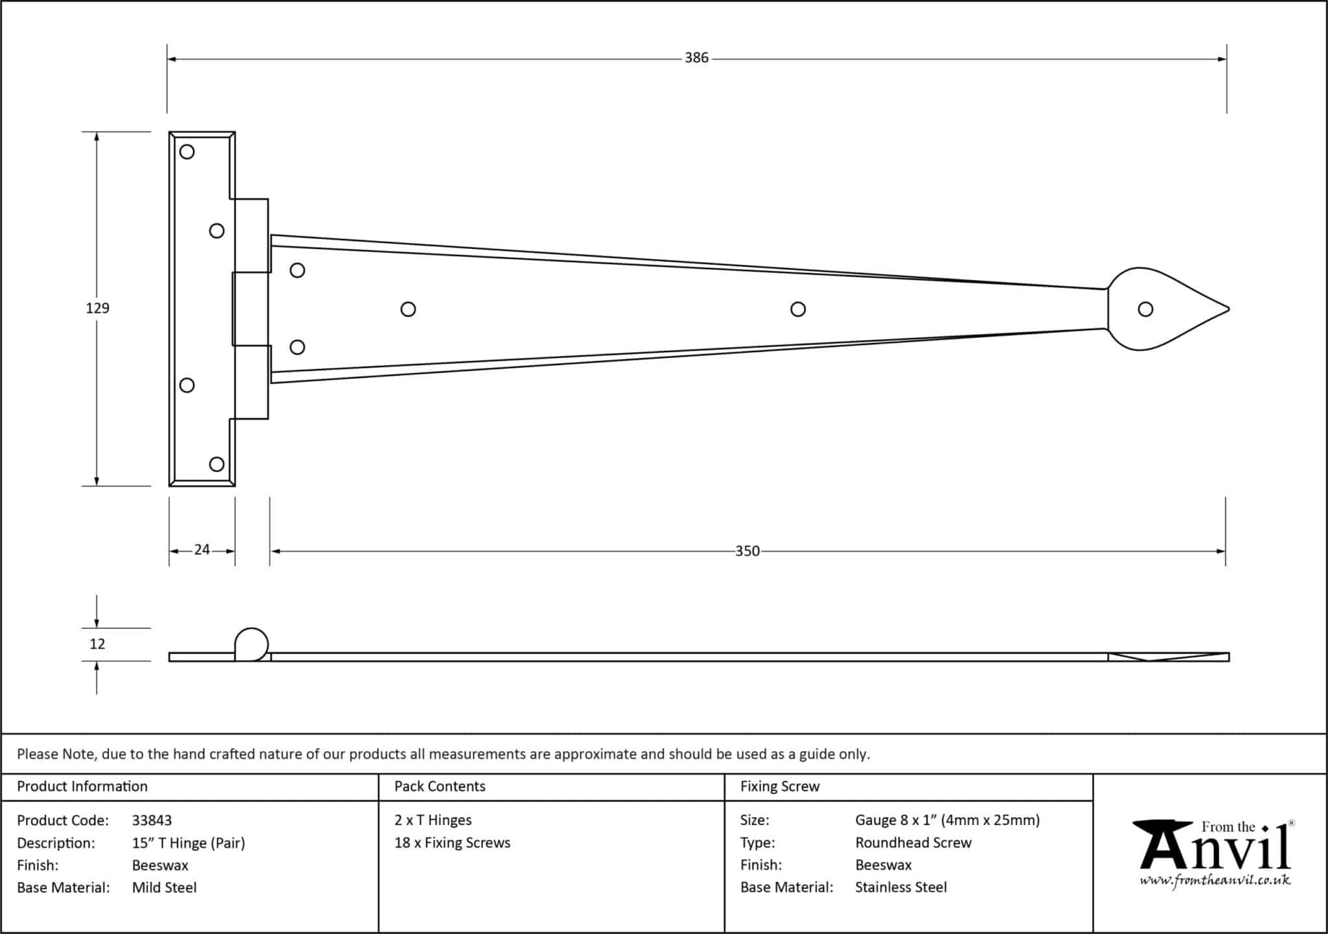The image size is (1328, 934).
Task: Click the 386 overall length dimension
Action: [x=696, y=58]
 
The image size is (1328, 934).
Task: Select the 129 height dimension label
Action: [x=97, y=308]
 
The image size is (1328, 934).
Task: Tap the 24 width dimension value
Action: [x=202, y=550]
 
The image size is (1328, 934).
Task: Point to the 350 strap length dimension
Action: [x=747, y=551]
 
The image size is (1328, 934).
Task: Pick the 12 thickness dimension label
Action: [x=97, y=644]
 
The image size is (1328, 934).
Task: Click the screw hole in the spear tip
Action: [x=1145, y=309]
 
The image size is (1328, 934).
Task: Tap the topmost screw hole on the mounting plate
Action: [x=187, y=152]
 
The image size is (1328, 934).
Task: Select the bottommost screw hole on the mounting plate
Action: [x=217, y=464]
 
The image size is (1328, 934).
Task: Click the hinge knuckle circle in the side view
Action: [x=251, y=644]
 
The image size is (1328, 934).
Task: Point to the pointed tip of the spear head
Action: [x=1227, y=309]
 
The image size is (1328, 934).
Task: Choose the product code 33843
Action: [x=152, y=820]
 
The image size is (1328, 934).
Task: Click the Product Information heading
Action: [x=82, y=787]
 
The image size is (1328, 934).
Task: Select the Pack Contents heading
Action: [x=440, y=787]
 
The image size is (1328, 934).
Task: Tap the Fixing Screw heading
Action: [x=779, y=787]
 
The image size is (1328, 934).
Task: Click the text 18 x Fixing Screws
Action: [x=452, y=843]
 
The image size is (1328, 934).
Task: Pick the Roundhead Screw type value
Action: [x=913, y=843]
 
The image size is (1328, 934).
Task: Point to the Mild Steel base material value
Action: [x=164, y=888]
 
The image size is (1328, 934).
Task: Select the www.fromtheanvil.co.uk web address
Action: [x=1215, y=881]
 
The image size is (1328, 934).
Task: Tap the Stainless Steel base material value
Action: [x=901, y=887]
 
